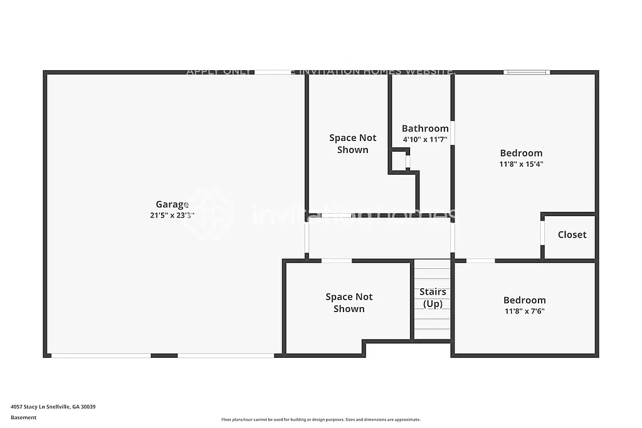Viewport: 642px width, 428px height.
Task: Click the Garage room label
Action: pos(172,204)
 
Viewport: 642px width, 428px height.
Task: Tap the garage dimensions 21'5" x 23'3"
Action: pos(172,215)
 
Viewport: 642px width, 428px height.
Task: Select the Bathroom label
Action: pos(425,128)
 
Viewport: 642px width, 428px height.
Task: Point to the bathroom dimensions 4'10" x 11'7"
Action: pos(425,139)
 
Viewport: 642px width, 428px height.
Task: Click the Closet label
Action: pos(572,234)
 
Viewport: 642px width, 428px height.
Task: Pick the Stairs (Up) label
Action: pos(433,298)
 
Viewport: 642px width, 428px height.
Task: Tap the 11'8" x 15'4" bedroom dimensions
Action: pos(521,164)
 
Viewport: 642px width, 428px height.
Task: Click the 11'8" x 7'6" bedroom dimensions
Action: pos(524,311)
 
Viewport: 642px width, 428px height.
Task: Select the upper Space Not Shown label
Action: pos(352,144)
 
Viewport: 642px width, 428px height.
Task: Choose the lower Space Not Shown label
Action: pos(349,303)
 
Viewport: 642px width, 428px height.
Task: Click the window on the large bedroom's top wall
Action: pos(527,72)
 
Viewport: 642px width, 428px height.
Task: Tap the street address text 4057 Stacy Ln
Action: pos(53,406)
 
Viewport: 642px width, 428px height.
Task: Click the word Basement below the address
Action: pos(23,417)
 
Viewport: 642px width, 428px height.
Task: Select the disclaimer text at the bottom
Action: pos(320,419)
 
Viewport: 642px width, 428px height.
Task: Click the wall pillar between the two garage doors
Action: pos(164,355)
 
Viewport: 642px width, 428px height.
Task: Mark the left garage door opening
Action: pos(101,355)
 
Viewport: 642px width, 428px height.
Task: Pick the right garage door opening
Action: pos(226,355)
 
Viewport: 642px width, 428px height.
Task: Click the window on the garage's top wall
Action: pos(273,72)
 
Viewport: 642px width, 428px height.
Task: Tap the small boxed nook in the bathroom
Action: pos(399,162)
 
